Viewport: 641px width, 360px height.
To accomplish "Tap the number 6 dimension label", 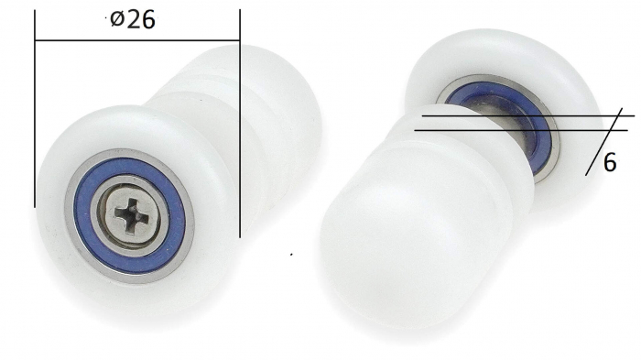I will click(x=609, y=163).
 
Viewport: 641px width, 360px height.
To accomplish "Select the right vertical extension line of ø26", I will click(x=239, y=119).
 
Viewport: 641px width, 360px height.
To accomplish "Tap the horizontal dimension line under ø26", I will click(x=137, y=41).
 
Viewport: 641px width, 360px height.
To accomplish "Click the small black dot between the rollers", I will click(x=291, y=254).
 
